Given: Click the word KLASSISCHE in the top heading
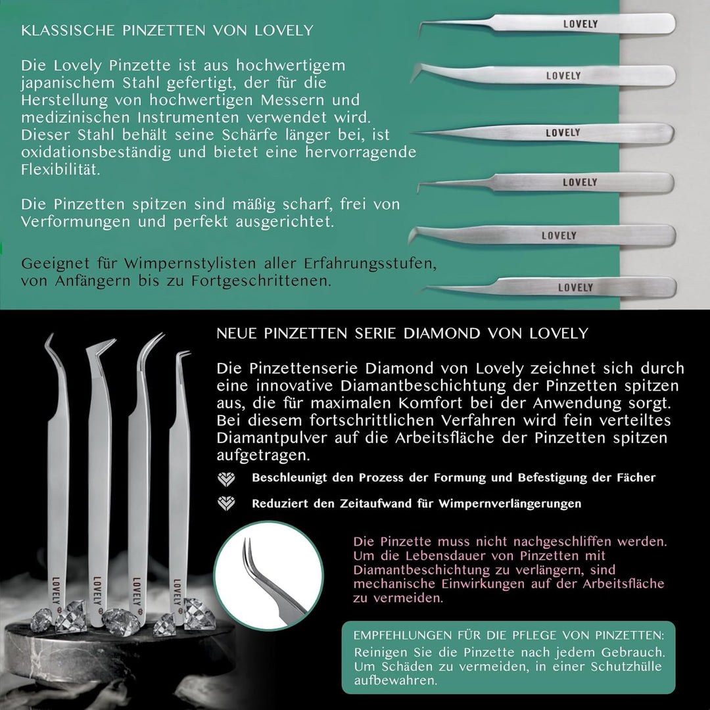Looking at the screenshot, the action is click(68, 30).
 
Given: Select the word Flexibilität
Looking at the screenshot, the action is click(60, 170).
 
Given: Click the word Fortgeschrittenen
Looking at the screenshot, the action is click(261, 281).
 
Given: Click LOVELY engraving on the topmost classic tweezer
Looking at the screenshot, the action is click(580, 24).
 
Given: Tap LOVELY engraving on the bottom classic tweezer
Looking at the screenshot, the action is click(575, 287).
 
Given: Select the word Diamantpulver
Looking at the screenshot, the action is click(272, 438).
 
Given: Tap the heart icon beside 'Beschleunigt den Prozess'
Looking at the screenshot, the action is click(226, 479).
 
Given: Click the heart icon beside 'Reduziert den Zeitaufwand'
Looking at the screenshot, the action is click(226, 503).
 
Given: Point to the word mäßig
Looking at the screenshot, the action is click(254, 204).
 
